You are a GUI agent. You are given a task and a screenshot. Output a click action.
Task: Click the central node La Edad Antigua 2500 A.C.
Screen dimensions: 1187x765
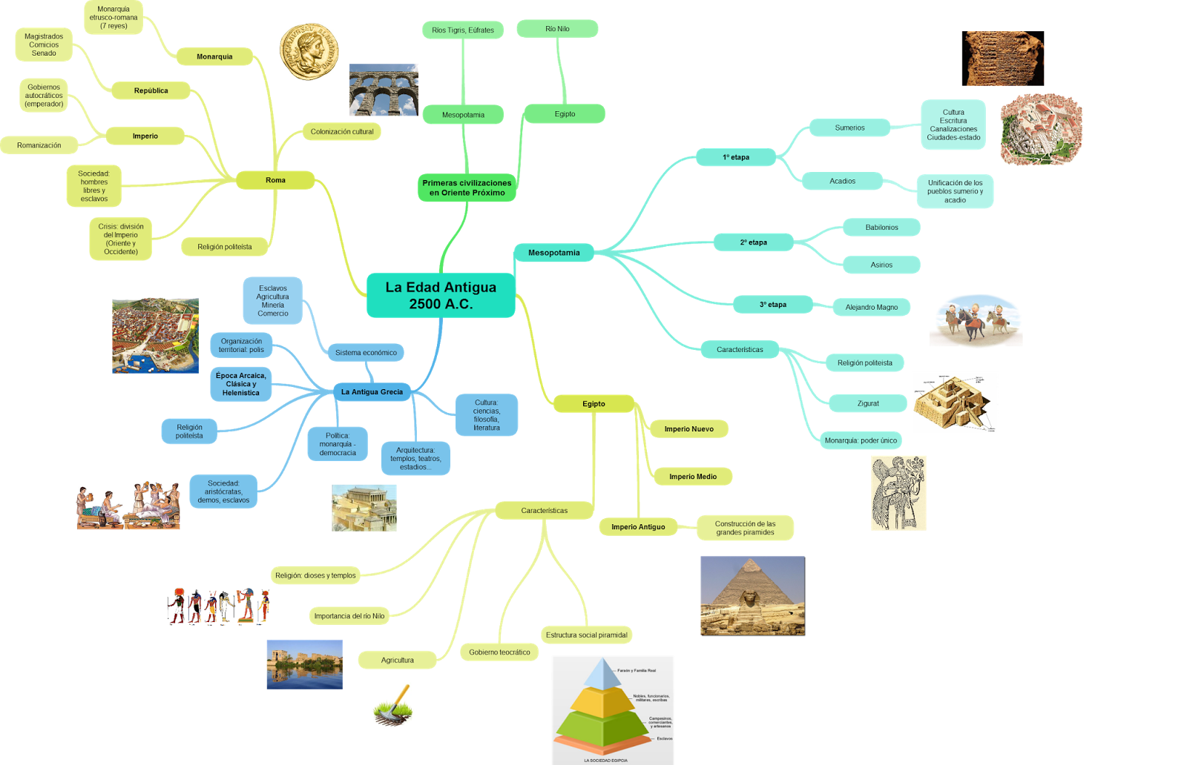pos(441,295)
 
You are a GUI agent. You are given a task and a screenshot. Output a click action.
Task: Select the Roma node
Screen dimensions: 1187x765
pos(275,180)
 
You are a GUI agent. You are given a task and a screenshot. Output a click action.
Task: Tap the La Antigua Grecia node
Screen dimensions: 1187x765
pos(372,392)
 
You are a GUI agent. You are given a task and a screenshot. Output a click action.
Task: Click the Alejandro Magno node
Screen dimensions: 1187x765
pos(871,307)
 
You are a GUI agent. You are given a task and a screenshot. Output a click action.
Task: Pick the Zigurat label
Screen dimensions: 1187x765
pos(868,403)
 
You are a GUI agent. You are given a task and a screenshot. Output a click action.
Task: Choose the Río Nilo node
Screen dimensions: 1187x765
pos(557,29)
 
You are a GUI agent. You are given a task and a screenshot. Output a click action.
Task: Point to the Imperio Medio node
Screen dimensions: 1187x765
pos(692,477)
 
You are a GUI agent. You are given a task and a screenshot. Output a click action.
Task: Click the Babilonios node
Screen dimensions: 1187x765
pos(881,228)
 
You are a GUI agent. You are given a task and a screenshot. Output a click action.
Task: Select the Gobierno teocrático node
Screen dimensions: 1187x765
pos(499,652)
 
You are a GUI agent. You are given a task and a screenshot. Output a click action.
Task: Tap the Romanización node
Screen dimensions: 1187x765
pos(39,145)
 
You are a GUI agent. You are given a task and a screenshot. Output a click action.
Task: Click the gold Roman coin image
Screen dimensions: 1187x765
pos(309,52)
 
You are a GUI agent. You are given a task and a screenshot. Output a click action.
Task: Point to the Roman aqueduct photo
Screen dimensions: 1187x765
pos(384,90)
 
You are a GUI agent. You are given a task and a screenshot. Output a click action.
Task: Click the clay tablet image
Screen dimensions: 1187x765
pos(1004,58)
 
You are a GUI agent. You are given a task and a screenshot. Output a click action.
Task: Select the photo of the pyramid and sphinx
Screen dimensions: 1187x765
pos(752,596)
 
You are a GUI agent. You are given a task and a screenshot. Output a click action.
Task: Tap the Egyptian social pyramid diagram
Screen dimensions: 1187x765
pos(612,709)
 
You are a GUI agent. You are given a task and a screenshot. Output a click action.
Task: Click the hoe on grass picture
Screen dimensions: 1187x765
pos(392,706)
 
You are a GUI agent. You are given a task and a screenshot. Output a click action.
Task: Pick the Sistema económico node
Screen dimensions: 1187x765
pos(366,353)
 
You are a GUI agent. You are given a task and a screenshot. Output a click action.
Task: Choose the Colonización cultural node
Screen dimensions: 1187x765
pos(342,132)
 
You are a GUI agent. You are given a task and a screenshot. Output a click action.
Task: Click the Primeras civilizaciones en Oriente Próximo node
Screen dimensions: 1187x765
pos(467,188)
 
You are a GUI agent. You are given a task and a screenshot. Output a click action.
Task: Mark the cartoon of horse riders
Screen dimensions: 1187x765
pos(976,321)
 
